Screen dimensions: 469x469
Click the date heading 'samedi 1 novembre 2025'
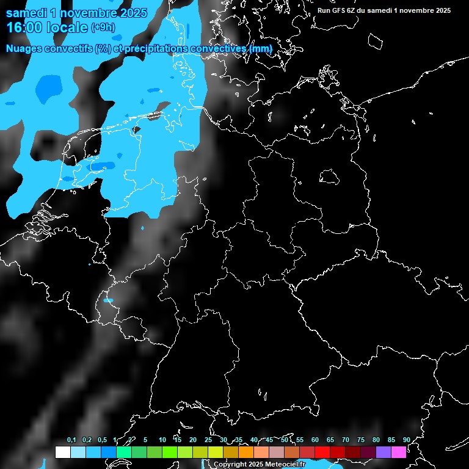click(x=76, y=12)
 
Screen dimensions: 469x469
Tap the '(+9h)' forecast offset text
click(x=103, y=27)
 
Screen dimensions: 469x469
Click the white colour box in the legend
click(x=62, y=452)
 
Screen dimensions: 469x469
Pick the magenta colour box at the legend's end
click(x=398, y=452)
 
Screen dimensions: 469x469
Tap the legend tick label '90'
click(x=406, y=440)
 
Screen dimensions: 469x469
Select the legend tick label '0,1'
click(x=71, y=440)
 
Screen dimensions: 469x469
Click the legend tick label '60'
click(x=314, y=440)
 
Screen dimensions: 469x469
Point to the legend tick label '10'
click(x=162, y=440)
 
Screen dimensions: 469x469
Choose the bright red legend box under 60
click(x=322, y=452)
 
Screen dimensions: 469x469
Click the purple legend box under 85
click(x=383, y=452)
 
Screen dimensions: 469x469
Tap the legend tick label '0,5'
click(x=102, y=440)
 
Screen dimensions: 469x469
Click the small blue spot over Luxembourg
click(x=109, y=300)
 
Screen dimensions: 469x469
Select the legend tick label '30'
click(x=223, y=440)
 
